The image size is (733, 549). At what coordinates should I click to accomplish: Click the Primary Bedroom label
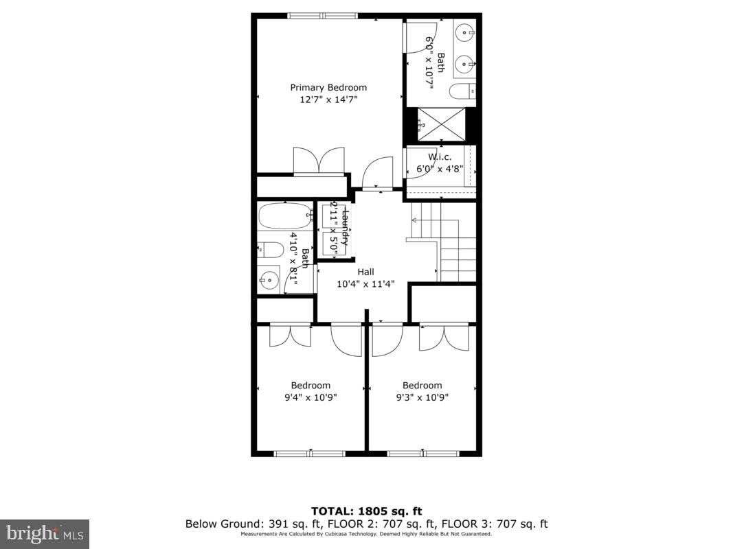pos(328,87)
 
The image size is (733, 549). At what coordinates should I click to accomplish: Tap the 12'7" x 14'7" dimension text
pos(328,100)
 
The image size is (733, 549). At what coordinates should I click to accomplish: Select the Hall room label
pos(365,272)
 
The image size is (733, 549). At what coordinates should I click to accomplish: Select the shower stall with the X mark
pos(441,125)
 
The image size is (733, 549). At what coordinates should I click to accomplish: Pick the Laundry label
pos(346,228)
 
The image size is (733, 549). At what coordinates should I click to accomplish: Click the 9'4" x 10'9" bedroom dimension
pos(310,397)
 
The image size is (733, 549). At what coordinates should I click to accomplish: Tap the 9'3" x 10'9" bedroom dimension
pos(422,397)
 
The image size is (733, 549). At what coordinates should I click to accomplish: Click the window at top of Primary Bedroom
pos(322,16)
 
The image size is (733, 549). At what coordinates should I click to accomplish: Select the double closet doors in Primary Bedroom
pos(318,162)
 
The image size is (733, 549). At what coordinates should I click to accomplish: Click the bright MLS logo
pos(45,533)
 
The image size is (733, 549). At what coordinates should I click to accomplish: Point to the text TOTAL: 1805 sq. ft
pos(366,511)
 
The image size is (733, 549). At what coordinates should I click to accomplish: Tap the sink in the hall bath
pos(269,280)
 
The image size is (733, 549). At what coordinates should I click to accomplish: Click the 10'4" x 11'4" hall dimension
pos(365,284)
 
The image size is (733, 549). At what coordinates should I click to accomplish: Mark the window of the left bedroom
pos(309,453)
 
